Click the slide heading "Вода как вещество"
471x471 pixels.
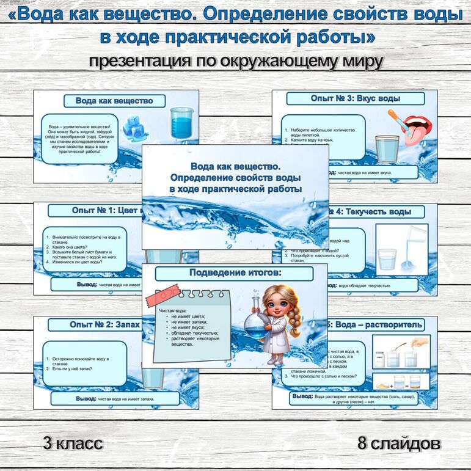click(114, 101)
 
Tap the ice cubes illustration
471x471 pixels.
click(135, 126)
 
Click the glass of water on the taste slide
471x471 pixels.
click(386, 148)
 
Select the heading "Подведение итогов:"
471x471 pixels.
click(235, 272)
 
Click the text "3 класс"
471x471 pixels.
click(73, 443)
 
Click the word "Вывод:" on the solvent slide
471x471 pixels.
click(303, 396)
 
